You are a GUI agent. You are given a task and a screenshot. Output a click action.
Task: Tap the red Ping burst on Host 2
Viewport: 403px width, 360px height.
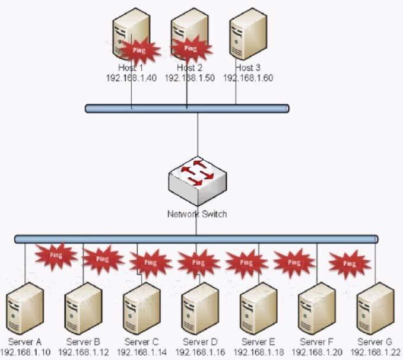click(190, 48)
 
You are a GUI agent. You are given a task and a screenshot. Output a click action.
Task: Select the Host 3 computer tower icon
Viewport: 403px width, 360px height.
click(247, 33)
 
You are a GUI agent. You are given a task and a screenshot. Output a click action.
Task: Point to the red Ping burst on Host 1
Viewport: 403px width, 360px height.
click(139, 51)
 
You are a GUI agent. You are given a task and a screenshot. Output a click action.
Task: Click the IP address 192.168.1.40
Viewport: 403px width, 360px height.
click(131, 78)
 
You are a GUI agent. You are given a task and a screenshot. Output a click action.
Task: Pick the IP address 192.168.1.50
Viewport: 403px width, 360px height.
click(189, 78)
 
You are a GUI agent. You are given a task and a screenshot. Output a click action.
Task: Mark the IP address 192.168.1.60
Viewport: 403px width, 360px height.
click(248, 78)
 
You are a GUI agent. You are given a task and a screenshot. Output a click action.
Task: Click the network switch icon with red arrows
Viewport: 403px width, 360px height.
click(198, 177)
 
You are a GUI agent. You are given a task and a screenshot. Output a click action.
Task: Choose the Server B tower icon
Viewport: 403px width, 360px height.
click(84, 308)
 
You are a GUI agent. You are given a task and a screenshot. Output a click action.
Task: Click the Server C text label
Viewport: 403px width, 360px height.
click(142, 342)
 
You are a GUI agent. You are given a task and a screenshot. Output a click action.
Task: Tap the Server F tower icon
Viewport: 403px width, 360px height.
click(317, 308)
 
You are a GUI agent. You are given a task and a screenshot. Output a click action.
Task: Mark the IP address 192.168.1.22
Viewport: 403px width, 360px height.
click(375, 352)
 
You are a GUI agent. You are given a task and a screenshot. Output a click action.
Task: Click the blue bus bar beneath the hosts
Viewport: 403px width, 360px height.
click(186, 109)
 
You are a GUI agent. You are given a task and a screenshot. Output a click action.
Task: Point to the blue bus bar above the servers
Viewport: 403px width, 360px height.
click(196, 238)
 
